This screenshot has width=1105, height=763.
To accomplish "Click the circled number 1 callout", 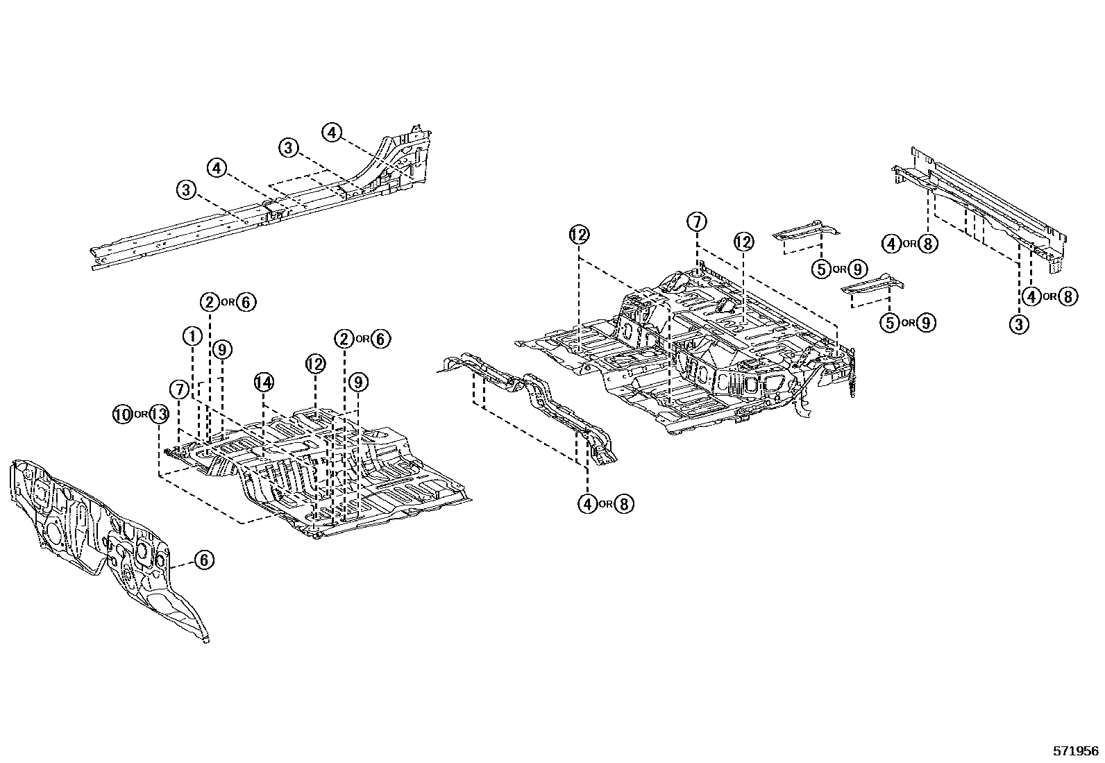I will [x=192, y=336].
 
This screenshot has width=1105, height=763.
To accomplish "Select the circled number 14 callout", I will [x=264, y=382].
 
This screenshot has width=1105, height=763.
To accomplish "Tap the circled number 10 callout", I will [x=122, y=414].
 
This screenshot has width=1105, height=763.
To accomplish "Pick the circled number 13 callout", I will [x=159, y=414].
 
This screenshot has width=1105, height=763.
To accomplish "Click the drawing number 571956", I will [x=1075, y=751].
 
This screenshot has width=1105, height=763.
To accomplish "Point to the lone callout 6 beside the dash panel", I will [x=203, y=560].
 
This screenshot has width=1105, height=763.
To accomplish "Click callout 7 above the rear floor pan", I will [x=697, y=222].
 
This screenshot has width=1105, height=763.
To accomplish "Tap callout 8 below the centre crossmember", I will [x=624, y=504].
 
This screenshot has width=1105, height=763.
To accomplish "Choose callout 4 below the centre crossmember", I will [x=587, y=504].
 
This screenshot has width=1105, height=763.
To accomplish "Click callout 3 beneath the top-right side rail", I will [x=1019, y=324].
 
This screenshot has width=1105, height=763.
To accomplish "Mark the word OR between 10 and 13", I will [x=141, y=415].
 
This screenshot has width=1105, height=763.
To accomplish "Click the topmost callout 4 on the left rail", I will [x=332, y=132].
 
